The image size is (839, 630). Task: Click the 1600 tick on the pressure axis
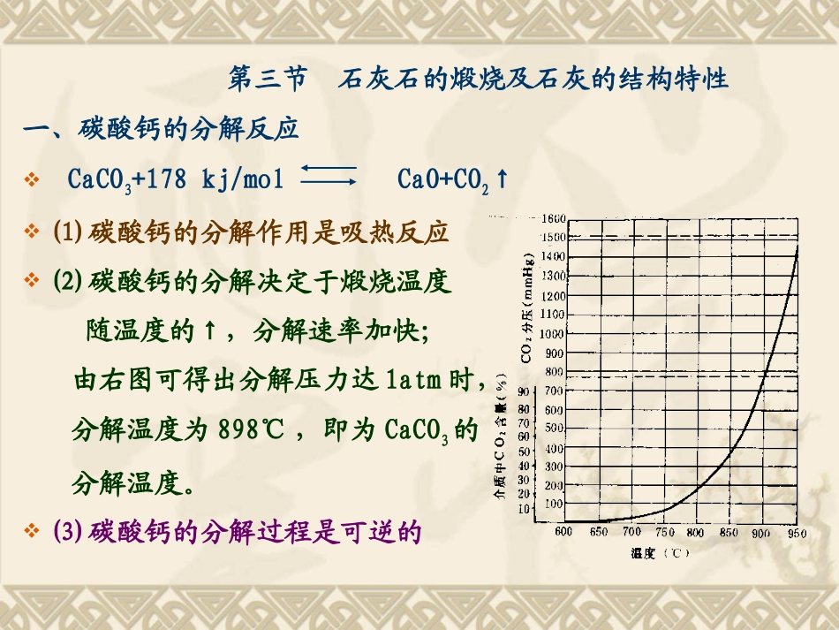pyautogui.click(x=554, y=218)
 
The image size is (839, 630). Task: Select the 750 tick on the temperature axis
pyautogui.click(x=663, y=532)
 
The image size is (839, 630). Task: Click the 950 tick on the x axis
pyautogui.click(x=797, y=532)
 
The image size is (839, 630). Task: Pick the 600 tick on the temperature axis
pyautogui.click(x=563, y=532)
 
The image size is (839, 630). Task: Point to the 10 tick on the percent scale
pyautogui.click(x=524, y=508)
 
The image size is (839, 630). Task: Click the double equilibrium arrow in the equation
pyautogui.click(x=328, y=173)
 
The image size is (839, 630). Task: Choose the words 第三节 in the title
pyautogui.click(x=267, y=80)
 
